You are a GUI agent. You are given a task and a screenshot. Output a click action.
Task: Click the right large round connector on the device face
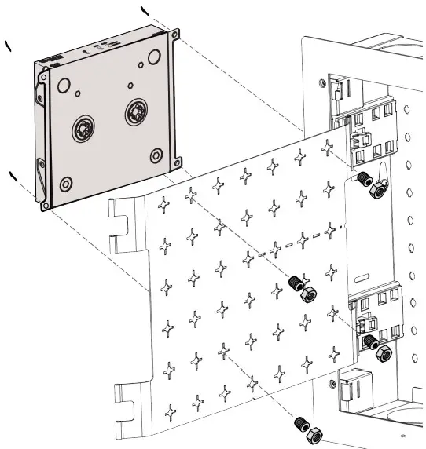coord(137,112)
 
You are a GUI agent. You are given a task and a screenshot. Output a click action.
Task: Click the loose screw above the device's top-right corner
coord(144,10)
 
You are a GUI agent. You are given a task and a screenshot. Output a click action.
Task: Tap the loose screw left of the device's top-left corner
coord(9,46)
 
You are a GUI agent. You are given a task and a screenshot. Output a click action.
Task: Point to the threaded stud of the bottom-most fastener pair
coord(299,422)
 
